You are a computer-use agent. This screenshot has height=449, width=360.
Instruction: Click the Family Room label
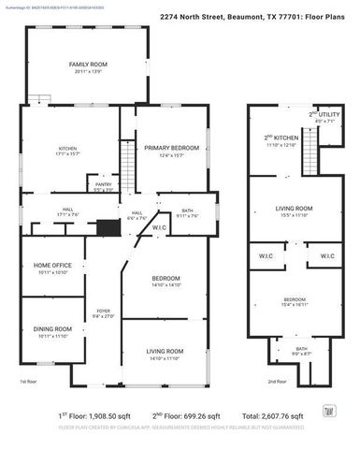(x=83, y=64)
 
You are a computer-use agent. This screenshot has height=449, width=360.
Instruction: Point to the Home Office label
(x=52, y=267)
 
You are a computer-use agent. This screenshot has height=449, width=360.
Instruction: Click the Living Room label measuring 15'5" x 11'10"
(x=293, y=210)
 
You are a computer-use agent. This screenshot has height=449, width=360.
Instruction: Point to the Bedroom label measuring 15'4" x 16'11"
(x=294, y=300)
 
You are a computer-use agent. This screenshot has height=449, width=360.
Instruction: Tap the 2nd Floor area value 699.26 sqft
(x=201, y=415)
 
